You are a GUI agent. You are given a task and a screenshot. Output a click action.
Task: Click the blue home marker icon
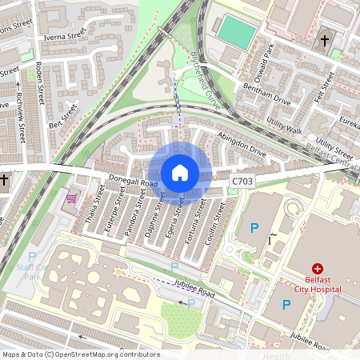tap(180, 173)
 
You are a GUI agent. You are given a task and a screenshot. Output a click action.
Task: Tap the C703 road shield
tap(242, 182)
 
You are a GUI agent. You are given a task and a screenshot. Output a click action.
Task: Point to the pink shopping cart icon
tap(72, 198)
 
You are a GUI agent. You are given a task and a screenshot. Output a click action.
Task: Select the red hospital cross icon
tap(318, 269)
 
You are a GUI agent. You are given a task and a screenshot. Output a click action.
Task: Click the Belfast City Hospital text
tap(318, 284)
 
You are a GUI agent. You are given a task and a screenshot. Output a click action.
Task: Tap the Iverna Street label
tap(66, 34)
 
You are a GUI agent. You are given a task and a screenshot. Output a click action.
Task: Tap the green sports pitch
tap(237, 31)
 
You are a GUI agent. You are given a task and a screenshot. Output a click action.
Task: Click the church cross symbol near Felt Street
tap(325, 40)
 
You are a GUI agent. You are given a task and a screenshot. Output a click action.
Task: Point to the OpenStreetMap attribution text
tap(80, 354)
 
